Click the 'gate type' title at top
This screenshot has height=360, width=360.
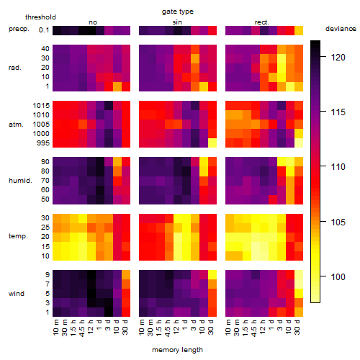178,12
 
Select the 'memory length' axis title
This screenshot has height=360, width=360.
177,350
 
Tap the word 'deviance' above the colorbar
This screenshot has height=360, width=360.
341,29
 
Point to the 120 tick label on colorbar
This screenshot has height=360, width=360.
338,58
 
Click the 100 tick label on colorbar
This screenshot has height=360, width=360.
338,277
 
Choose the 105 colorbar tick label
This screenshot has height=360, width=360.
338,222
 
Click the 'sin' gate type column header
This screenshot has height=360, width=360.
177,22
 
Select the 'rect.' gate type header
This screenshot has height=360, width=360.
262,22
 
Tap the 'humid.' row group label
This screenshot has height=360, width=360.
20,181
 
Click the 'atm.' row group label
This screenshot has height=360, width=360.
16,125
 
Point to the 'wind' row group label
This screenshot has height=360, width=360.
17,294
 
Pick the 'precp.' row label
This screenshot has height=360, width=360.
19,29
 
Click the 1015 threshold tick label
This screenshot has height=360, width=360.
41,106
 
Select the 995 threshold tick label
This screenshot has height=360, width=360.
43,143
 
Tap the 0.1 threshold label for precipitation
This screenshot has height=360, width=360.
44,30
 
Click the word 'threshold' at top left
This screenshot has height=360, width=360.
40,17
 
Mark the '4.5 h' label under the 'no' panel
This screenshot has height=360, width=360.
82,328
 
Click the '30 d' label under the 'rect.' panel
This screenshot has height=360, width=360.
297,327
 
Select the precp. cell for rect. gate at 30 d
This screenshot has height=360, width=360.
299,31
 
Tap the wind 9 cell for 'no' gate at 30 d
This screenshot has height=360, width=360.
126,275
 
